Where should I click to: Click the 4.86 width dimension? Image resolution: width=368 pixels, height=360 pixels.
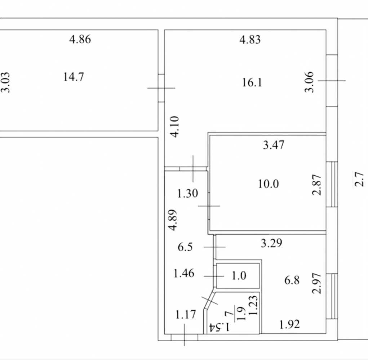[x=80, y=39]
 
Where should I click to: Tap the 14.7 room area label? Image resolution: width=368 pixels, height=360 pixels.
[x=74, y=77]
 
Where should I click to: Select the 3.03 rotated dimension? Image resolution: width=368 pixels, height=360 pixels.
[x=6, y=82]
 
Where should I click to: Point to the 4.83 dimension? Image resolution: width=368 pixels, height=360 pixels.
[x=250, y=40]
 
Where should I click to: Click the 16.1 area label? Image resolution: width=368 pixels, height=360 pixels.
[x=252, y=83]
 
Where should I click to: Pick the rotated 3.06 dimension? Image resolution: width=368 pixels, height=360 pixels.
[x=309, y=82]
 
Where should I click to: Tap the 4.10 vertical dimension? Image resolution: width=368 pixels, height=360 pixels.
[x=175, y=127]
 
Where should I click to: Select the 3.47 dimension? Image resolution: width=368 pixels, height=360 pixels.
[x=274, y=145]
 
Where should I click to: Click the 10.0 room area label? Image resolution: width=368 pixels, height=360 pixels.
[x=269, y=184]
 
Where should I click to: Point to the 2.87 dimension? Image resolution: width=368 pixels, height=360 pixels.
[x=316, y=185]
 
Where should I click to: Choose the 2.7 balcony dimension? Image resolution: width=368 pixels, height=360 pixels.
[x=359, y=179]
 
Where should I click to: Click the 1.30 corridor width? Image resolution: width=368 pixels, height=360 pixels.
[x=187, y=194]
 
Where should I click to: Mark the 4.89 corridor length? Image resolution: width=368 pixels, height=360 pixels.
[x=173, y=220]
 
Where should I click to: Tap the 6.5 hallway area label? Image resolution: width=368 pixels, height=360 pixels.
[x=185, y=247]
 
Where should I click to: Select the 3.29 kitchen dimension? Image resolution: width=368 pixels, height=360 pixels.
[x=271, y=243]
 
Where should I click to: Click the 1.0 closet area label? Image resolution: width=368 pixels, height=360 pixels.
[x=239, y=276]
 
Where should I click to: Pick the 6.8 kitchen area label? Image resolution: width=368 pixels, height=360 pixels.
[x=292, y=280]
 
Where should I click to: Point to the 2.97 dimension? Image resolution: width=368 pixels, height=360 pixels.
[x=316, y=283]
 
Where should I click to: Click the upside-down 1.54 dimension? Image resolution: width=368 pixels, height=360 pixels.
[x=219, y=327]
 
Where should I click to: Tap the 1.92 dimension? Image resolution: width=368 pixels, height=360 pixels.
[x=289, y=324]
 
